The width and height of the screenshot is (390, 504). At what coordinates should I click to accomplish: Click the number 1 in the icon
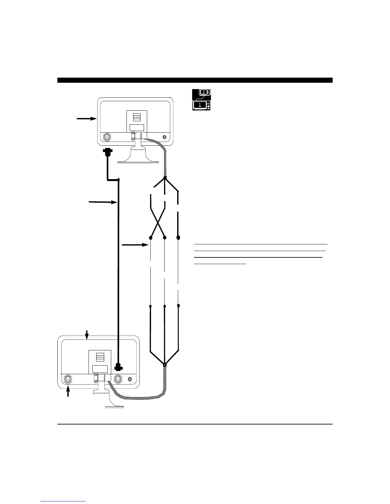(200, 105)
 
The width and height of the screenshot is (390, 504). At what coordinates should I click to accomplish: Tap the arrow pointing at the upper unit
(87, 119)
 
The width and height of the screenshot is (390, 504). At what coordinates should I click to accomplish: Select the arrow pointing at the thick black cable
(102, 202)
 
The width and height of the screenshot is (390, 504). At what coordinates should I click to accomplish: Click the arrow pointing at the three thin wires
(135, 245)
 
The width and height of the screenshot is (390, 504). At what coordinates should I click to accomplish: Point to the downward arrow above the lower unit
(87, 334)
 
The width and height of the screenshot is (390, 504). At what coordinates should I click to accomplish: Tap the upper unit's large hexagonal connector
(108, 137)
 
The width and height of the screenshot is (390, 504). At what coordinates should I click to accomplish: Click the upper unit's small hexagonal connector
(164, 137)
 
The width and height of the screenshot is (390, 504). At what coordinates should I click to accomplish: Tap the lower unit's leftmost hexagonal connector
(68, 380)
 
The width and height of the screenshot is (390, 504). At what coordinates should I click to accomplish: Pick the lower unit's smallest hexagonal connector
(130, 379)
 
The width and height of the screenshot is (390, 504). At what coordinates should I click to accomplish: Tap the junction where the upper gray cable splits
(165, 178)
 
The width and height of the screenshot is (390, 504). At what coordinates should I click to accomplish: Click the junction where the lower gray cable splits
(165, 364)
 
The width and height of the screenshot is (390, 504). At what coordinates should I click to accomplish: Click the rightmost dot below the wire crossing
(178, 238)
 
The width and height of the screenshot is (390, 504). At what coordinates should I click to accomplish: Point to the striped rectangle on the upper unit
(137, 117)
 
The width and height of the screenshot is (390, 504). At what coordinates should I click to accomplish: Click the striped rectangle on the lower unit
(99, 356)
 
